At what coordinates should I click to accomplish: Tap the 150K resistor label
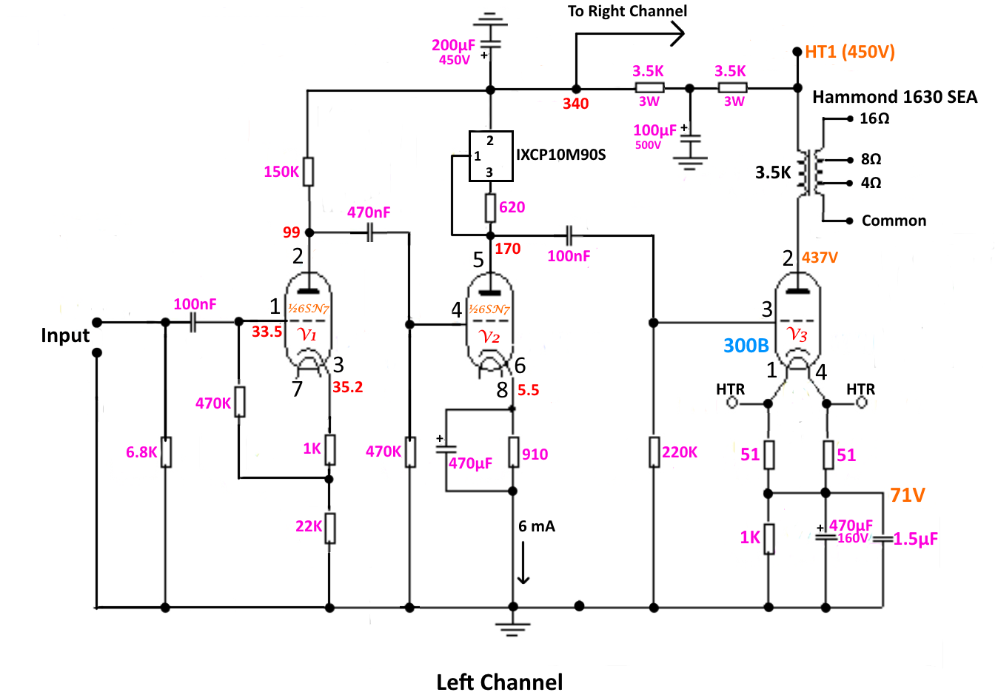pos(281,172)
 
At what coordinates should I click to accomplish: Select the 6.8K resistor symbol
pos(166,452)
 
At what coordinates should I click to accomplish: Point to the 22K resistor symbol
pos(329,528)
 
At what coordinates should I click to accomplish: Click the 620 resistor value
pos(512,207)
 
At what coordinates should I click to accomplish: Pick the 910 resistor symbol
pos(514,452)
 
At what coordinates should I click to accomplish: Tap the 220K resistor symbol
pos(654,452)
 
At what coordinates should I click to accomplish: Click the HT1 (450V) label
pos(850,52)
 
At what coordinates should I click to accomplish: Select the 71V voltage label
pos(908,494)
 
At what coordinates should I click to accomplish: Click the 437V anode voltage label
pos(820,258)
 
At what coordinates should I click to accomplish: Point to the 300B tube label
pos(746,345)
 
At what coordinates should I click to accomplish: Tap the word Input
pos(65,335)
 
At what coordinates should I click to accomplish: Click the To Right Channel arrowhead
pos(677,34)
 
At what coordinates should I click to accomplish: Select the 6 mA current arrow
pos(523,563)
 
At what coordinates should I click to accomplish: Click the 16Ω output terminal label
pos(874,118)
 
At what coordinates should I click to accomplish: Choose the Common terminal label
pos(894,221)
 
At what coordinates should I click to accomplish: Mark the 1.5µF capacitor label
pos(916,539)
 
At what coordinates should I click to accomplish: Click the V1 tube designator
pos(307,334)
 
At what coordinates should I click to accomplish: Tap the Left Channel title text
pos(500,682)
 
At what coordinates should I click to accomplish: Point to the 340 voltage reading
pos(576,104)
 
